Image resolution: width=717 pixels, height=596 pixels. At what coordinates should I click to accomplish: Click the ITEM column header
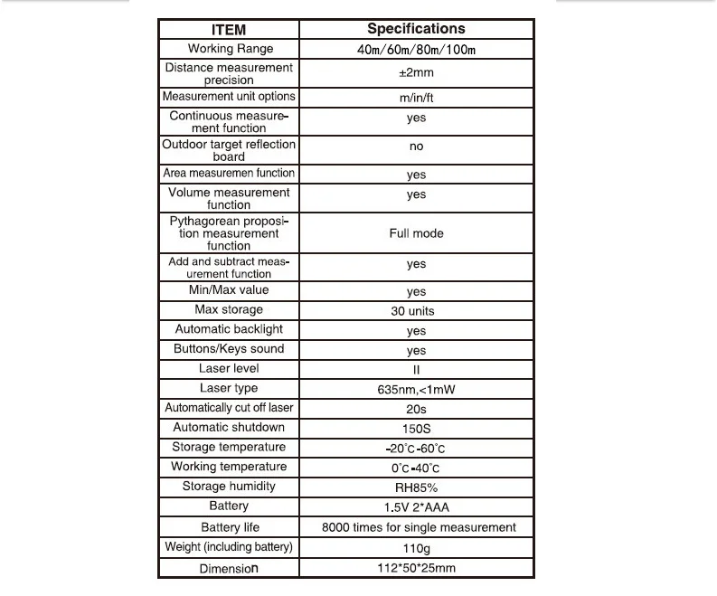[228, 30]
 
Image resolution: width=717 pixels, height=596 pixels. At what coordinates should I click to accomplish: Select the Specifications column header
[416, 29]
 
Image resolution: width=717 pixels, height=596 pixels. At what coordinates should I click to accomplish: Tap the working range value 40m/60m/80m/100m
[416, 50]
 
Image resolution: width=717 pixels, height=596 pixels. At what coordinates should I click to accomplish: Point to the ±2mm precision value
[416, 73]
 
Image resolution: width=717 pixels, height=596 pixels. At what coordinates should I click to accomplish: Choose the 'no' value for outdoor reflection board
[416, 147]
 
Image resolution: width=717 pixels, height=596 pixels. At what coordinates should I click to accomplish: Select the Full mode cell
[416, 233]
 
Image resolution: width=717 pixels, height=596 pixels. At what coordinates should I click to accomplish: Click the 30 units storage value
[416, 311]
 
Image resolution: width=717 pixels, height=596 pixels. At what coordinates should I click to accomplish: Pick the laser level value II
[416, 370]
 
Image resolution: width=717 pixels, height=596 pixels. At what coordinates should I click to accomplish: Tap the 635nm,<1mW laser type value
[416, 390]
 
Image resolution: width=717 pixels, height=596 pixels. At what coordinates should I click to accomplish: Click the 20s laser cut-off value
[416, 409]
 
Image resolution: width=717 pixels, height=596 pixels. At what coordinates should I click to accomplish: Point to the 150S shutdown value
[416, 429]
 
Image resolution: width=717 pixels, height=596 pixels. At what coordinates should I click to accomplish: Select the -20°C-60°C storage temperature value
[416, 449]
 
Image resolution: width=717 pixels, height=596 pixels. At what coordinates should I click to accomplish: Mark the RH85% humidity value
[416, 487]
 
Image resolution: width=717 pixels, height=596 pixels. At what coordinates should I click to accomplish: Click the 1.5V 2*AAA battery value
[416, 507]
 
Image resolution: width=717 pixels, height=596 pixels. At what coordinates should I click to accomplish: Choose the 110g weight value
[416, 548]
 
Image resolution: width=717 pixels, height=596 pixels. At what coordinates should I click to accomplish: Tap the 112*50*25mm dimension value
[416, 569]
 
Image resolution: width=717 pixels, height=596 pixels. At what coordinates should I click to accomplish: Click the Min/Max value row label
[229, 290]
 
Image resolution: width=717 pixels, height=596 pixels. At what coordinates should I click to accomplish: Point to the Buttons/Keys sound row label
[229, 349]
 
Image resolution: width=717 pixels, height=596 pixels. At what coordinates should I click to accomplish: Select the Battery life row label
[229, 527]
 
